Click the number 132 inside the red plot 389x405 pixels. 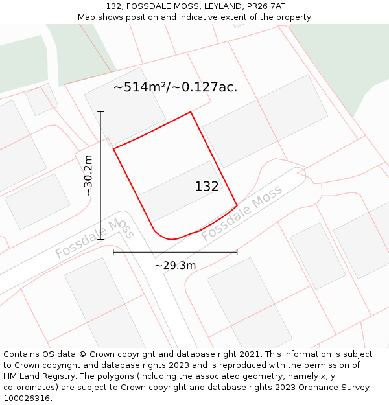(x=207, y=187)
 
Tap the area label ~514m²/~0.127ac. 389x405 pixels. (x=175, y=87)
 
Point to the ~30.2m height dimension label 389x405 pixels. (x=88, y=175)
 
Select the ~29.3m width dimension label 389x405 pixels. (x=175, y=265)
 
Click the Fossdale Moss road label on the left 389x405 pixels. (x=94, y=238)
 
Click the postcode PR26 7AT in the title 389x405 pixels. (x=263, y=6)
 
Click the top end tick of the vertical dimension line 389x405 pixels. (x=100, y=112)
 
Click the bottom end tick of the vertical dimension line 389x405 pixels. (x=100, y=239)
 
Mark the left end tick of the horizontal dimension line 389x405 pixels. (x=113, y=252)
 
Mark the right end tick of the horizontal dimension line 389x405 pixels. (x=237, y=252)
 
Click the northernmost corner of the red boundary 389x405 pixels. (x=191, y=112)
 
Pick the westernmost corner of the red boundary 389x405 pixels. (x=113, y=149)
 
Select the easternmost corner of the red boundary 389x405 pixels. (x=237, y=205)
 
